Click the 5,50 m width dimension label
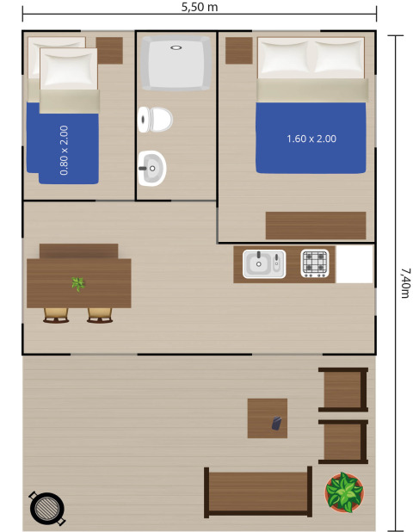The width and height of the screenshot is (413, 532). (x=200, y=7)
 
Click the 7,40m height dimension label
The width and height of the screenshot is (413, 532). (x=404, y=281)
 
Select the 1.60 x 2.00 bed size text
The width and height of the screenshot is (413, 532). (x=311, y=138)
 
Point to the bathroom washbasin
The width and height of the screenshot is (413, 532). (x=151, y=168)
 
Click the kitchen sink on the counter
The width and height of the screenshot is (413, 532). (x=263, y=263)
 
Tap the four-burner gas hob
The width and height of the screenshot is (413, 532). (x=316, y=263)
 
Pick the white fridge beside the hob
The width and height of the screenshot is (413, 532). (x=354, y=264)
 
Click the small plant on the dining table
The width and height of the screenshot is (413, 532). (x=78, y=283)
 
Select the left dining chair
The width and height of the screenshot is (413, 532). (x=56, y=315)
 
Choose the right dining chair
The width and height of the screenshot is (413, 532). (x=100, y=315)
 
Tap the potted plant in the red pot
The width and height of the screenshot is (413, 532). (x=344, y=492)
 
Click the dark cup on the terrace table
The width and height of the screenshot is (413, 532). (x=276, y=423)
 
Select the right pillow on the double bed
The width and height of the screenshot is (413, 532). (x=339, y=59)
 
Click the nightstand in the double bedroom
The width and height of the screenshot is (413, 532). (x=238, y=51)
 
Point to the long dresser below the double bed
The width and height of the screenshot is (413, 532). (x=315, y=226)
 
